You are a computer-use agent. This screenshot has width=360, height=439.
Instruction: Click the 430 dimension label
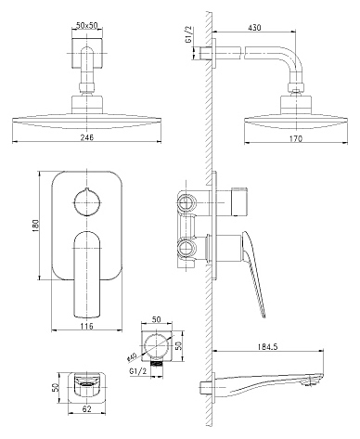pyautogui.click(x=254, y=27)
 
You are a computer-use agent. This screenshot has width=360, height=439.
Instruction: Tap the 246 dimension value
pyautogui.click(x=87, y=137)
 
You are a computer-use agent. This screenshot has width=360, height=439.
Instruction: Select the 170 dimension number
pyautogui.click(x=296, y=139)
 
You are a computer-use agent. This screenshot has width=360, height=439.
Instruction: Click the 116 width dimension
pyautogui.click(x=87, y=326)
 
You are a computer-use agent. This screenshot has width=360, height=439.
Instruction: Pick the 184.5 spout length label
pyautogui.click(x=267, y=346)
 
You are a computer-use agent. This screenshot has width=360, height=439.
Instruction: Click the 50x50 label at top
pyautogui.click(x=87, y=26)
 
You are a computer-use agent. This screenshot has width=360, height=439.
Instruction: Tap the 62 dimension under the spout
pyautogui.click(x=87, y=409)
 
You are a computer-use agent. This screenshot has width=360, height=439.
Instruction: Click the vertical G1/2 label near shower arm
pyautogui.click(x=189, y=34)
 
